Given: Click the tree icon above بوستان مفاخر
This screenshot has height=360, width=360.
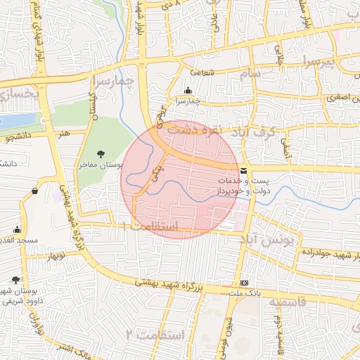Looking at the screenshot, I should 101,153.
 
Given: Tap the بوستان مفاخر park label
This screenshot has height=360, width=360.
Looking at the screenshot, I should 101,164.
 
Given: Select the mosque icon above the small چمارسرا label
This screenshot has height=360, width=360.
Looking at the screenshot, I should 188,91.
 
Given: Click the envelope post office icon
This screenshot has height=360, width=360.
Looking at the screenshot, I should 243,171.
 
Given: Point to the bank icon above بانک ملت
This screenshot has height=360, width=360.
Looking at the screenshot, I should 244,282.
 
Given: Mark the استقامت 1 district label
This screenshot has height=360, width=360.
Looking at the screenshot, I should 150,227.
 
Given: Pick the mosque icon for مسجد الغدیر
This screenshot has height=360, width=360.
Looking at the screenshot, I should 17,229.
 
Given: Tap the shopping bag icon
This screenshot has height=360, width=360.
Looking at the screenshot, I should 35,190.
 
